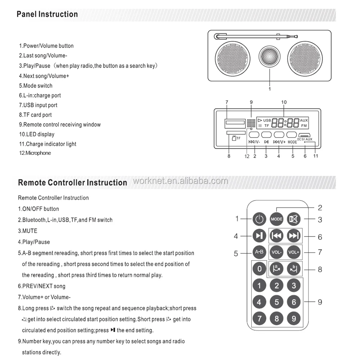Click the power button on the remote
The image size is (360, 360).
pos(258,219)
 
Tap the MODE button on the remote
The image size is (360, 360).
pos(276,219)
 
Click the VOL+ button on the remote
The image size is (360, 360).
pos(294,252)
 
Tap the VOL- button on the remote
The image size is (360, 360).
pos(276,252)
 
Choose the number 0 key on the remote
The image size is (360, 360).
pos(259,269)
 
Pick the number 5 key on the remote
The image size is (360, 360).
pos(276,302)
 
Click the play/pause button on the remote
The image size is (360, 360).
pos(258,236)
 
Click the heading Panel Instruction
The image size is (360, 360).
pos(47,14)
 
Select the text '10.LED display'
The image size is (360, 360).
pos(37,134)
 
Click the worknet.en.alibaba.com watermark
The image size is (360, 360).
pos(180,181)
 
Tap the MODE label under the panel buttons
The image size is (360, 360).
pos(292,142)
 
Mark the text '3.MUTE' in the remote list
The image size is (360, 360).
pos(28,231)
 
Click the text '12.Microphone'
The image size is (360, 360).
pos(35,153)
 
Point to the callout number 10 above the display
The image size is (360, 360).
pos(284,102)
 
